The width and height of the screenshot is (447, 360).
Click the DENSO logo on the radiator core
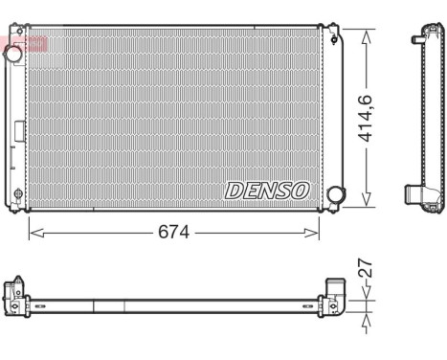point(267,190)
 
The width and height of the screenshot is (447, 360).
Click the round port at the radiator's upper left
point(13,54)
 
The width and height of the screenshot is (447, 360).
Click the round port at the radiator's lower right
point(335,194)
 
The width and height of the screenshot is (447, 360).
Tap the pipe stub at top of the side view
point(419,38)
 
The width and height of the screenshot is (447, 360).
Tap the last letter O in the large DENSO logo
point(301,190)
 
